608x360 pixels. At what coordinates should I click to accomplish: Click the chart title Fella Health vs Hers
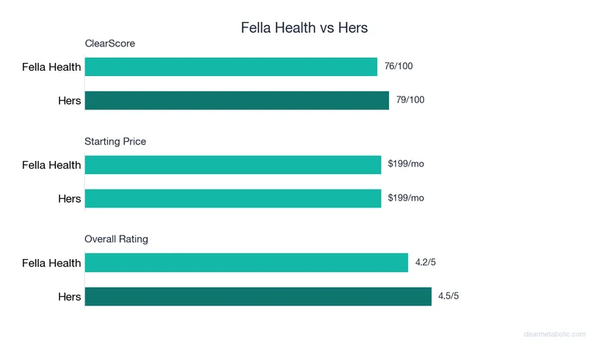[304, 28]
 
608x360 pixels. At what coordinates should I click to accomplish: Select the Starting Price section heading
[116, 141]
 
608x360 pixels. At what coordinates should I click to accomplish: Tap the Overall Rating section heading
[116, 238]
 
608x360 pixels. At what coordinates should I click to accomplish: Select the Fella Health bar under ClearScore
[231, 67]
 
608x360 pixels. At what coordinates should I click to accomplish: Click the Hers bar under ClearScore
[237, 100]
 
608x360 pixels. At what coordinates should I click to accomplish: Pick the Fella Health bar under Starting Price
[233, 165]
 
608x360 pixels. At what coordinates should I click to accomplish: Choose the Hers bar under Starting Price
[233, 198]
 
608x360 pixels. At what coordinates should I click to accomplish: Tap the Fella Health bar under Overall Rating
[246, 263]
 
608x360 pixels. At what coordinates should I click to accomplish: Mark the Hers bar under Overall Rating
[258, 296]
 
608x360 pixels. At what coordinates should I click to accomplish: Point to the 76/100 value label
[399, 67]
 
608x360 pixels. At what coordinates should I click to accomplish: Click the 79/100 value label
[410, 100]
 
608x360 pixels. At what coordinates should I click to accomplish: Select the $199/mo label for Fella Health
[406, 165]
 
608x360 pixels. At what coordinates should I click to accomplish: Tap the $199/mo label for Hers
[406, 198]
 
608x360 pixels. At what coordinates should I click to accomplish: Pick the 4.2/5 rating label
[426, 263]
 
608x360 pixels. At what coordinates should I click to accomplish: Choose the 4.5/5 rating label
[448, 296]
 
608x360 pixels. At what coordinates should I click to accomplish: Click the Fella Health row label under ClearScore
[51, 67]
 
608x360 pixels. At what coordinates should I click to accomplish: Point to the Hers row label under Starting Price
[69, 198]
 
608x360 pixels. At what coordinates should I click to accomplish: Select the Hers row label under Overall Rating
[69, 296]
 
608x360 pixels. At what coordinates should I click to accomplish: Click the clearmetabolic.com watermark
[556, 334]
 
